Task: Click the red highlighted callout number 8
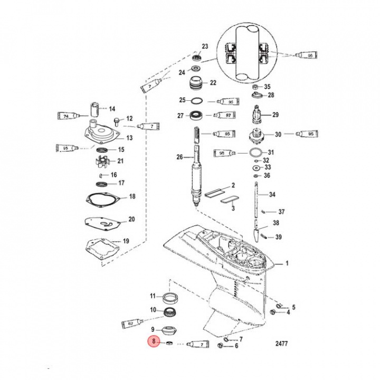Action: pos(154,342)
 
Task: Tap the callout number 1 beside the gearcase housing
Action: pos(287,262)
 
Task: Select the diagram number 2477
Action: pos(282,344)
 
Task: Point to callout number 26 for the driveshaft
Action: pos(179,157)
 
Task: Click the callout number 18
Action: pos(132,197)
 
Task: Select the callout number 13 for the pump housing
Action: pos(129,138)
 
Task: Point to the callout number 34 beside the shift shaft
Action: pos(272,195)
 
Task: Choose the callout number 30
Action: pos(278,134)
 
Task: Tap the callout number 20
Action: pos(131,219)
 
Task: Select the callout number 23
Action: pos(205,46)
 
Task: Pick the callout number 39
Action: pos(278,237)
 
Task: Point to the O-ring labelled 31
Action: pos(255,153)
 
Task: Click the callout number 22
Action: pos(213,83)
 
